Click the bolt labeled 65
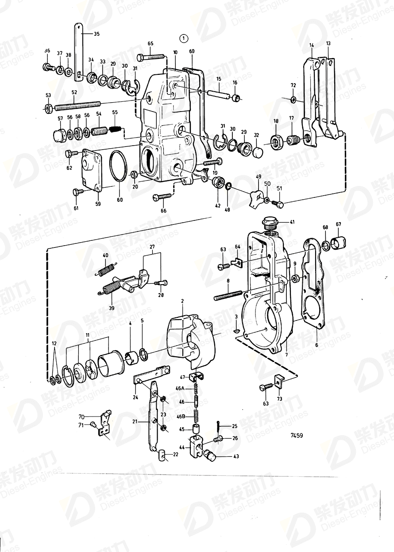151,57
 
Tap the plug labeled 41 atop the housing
270,221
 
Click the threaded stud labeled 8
228,295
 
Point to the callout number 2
182,301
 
